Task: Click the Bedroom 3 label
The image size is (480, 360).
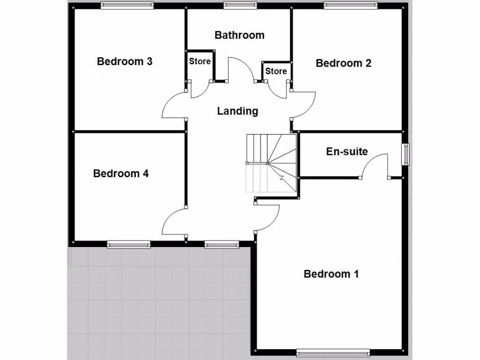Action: (125, 61)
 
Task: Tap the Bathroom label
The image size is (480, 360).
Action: (240, 35)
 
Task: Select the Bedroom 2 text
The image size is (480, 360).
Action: (344, 63)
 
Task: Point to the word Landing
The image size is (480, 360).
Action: (238, 111)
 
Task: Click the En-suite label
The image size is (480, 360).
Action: (347, 152)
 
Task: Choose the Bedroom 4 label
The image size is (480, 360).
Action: (121, 174)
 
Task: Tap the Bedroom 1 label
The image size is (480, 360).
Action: (331, 274)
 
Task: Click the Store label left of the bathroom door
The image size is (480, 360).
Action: (200, 61)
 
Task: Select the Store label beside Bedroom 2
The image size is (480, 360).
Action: (276, 71)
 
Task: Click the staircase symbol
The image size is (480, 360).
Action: (272, 163)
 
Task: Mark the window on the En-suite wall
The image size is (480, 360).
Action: (405, 154)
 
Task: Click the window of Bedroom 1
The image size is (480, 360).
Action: (333, 352)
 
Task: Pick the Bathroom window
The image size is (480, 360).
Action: (240, 6)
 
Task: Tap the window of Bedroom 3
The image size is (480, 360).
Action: (127, 6)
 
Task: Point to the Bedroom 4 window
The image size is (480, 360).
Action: (128, 244)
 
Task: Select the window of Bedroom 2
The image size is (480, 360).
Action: (351, 6)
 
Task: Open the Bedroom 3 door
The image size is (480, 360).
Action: (173, 105)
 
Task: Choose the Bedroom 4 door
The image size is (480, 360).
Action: (173, 223)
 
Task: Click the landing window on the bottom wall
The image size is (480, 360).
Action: (222, 244)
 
